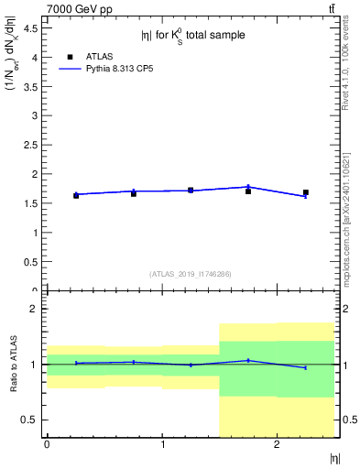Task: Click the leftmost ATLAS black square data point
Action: (76, 195)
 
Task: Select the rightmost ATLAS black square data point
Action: (306, 192)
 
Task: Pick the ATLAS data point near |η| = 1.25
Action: (191, 190)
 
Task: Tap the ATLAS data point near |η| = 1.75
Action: (248, 191)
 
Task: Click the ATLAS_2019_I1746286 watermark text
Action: (191, 274)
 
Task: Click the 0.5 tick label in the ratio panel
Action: (30, 420)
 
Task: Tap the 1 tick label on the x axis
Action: (162, 445)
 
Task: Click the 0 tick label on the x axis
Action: (47, 445)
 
